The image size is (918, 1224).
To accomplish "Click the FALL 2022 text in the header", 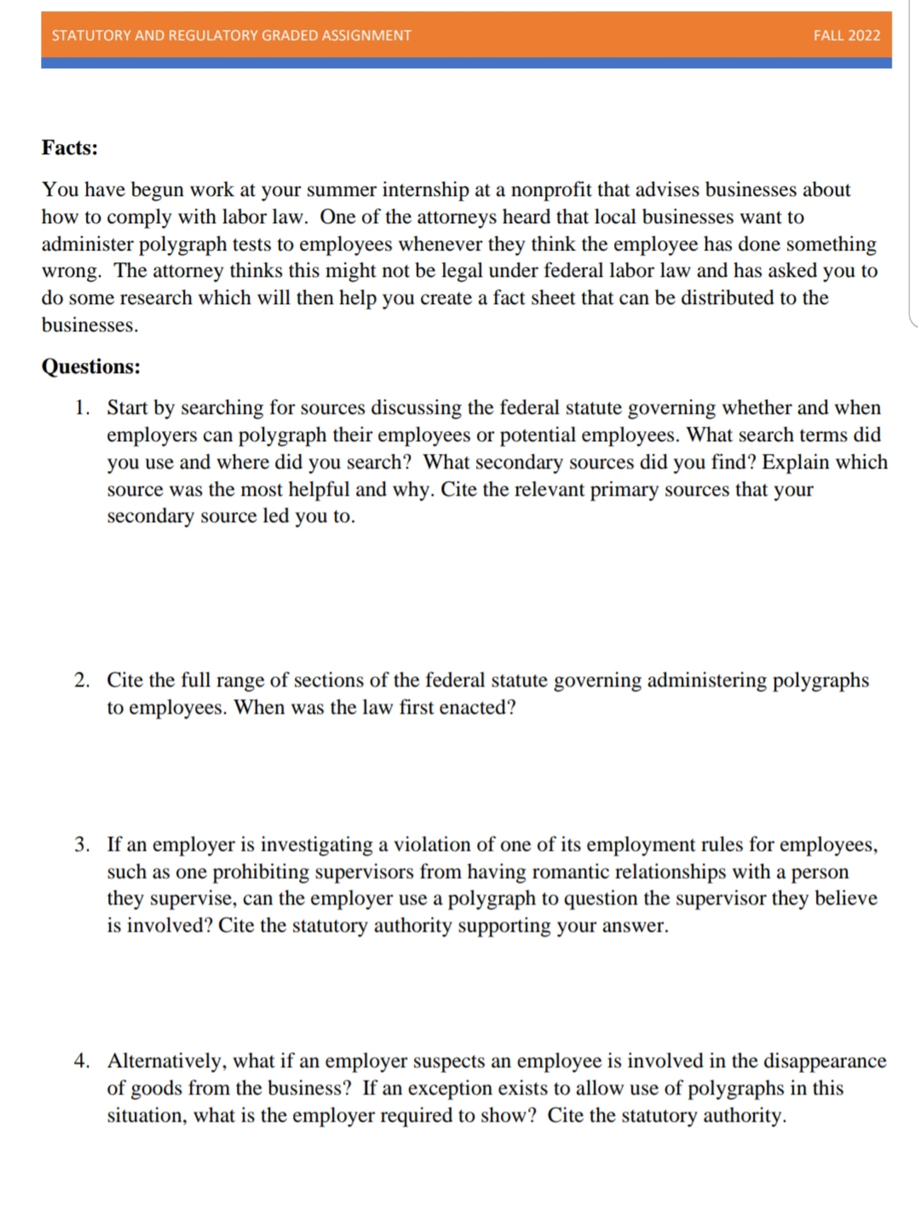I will click(x=846, y=35).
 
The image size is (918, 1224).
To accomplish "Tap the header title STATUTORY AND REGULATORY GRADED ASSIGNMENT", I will click(x=231, y=35).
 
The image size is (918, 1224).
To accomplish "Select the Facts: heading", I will click(x=70, y=148).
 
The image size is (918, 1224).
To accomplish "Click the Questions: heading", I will click(x=91, y=367).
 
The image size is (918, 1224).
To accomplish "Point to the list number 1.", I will click(x=81, y=408).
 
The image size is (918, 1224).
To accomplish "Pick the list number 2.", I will click(x=81, y=680).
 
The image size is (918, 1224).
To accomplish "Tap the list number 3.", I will click(x=81, y=844).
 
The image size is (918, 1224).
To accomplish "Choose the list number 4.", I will click(x=81, y=1061).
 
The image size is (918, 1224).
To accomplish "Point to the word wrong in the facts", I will click(x=70, y=272).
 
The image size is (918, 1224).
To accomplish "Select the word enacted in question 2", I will click(x=472, y=707).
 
